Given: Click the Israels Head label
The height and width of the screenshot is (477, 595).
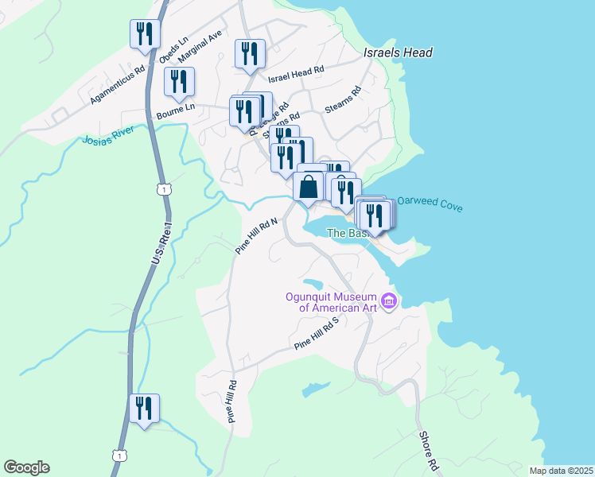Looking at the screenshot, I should coord(398,52).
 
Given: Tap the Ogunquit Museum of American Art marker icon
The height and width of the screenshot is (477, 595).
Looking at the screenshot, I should coord(389,301).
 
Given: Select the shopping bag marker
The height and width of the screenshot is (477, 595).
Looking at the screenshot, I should coord(309,188).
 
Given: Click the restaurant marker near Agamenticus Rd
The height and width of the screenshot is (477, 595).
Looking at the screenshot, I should coord(145,34).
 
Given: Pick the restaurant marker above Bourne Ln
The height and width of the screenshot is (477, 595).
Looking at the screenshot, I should coord(179,82).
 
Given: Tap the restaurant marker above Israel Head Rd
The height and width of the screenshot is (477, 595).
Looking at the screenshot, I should coord(250,54).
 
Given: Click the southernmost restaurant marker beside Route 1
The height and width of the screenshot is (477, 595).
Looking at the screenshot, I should coord(144,409).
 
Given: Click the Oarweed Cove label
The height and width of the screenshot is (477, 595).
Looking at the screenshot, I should coord(430,204).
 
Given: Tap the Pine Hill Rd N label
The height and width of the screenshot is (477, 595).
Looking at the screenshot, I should coord(255,236).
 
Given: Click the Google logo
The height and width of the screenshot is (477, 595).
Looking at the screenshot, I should coord(26,467).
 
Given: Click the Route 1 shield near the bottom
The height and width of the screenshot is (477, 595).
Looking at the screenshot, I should coord(119,454).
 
